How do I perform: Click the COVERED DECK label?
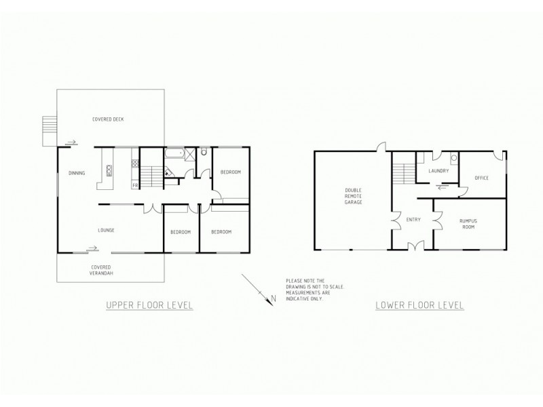coord(108,119)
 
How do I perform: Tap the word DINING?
coord(77,173)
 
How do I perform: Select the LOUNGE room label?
coord(105,231)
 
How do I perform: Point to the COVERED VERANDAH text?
coord(100,270)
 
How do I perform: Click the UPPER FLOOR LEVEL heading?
coord(150,305)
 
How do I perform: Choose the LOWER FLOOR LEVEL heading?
coord(419,305)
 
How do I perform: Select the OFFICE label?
coord(482,178)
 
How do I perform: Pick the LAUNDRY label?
coord(438,171)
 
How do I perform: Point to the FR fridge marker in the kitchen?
coord(135,185)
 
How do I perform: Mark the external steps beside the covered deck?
coord(48,130)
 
